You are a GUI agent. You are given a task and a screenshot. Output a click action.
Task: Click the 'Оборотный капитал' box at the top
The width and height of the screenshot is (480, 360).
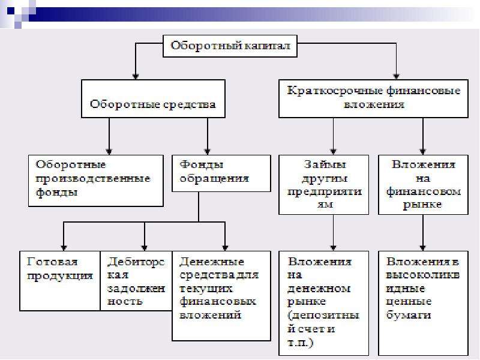point(230,46)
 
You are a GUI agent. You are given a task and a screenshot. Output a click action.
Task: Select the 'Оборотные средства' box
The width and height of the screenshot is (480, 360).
point(153,98)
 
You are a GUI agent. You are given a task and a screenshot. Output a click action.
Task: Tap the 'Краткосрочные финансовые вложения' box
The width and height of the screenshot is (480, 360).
point(373,98)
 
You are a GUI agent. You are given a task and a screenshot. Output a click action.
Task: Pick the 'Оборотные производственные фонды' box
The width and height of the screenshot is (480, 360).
point(96,181)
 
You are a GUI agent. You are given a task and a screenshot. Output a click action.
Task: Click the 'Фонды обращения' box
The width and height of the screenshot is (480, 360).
point(221,173)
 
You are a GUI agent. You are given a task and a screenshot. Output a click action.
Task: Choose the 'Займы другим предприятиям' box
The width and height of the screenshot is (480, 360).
point(324,185)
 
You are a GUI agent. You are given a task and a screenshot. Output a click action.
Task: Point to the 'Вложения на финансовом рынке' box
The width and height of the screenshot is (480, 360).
point(424,185)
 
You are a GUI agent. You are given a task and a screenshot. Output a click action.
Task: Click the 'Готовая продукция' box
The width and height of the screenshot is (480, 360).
point(60,281)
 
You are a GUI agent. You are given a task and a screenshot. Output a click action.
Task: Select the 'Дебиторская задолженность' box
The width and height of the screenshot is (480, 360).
point(136,281)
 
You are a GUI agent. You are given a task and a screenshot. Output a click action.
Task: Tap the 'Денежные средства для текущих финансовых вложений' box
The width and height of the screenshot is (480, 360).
point(221,296)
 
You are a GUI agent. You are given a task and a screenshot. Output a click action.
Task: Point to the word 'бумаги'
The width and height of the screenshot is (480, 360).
point(409,314)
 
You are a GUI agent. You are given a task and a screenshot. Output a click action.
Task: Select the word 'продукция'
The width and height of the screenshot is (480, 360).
point(59,276)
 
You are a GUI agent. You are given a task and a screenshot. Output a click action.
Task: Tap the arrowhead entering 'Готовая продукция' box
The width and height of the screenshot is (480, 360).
point(64,248)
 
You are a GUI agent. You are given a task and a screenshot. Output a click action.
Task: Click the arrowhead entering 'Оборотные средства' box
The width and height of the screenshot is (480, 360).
point(136,76)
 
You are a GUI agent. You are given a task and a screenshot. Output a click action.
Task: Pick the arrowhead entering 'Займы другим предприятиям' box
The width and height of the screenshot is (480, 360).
point(334,151)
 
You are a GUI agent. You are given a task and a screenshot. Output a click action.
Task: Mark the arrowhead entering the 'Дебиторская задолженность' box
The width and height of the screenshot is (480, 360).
point(145,248)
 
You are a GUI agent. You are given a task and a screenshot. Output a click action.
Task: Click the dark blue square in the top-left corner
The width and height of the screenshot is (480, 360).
point(11,11)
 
